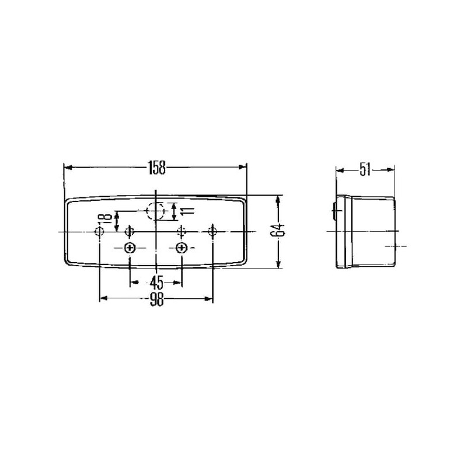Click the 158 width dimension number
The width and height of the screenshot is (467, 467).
pyautogui.click(x=156, y=168)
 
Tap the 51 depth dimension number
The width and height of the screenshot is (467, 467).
pyautogui.click(x=365, y=170)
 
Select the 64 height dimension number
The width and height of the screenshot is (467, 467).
pyautogui.click(x=278, y=229)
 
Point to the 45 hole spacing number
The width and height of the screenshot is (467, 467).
pyautogui.click(x=156, y=283)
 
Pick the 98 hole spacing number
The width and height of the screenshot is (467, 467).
pyautogui.click(x=156, y=299)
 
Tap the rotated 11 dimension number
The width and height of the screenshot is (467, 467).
pyautogui.click(x=187, y=211)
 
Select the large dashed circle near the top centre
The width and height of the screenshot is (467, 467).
pyautogui.click(x=156, y=211)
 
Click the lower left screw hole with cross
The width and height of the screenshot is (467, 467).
pyautogui.click(x=130, y=248)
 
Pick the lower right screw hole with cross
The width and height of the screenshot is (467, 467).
pyautogui.click(x=181, y=248)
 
